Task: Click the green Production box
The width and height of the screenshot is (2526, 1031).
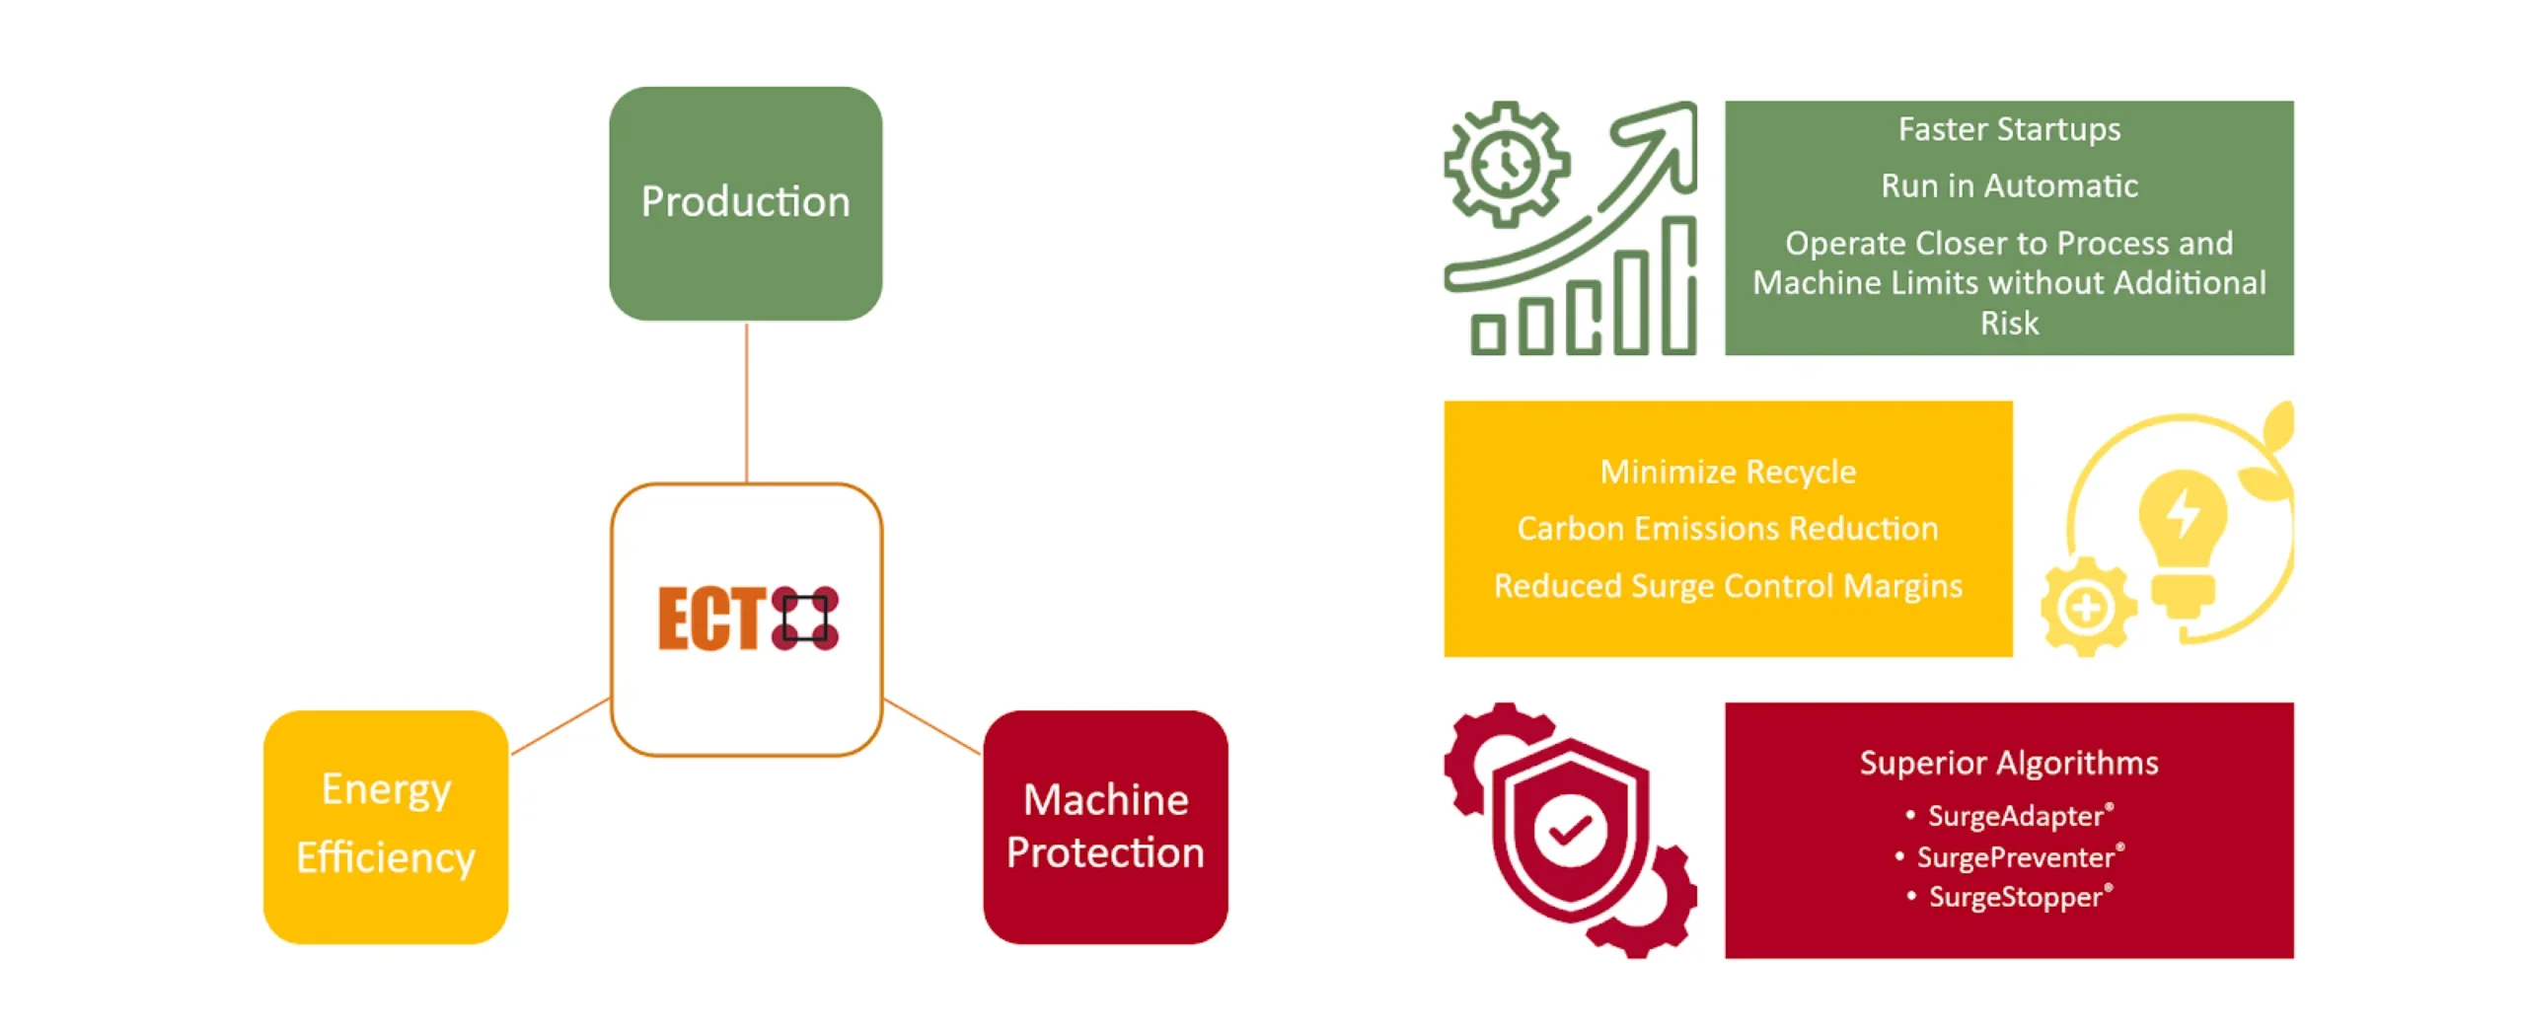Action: tap(745, 203)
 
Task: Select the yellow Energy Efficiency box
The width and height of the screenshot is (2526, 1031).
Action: tap(386, 827)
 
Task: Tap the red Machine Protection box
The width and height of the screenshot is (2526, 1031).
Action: tap(1105, 827)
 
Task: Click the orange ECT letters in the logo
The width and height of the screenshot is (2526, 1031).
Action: tap(711, 619)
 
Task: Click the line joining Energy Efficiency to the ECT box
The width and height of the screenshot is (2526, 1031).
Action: tap(559, 727)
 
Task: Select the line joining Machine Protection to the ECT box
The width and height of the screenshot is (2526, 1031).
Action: tap(931, 727)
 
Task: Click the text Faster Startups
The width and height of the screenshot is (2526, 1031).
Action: tap(2009, 129)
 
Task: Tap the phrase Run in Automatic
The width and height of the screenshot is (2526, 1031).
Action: tap(2009, 185)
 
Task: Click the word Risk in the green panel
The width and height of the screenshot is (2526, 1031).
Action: tap(2009, 324)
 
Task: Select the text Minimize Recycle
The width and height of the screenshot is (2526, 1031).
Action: tap(1728, 472)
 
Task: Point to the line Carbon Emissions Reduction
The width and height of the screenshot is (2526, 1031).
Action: tap(1728, 529)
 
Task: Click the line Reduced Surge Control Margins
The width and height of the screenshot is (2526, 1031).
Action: tap(1728, 586)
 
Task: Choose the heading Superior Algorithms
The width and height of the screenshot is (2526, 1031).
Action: tap(2009, 763)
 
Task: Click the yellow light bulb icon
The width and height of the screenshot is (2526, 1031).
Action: tap(2183, 533)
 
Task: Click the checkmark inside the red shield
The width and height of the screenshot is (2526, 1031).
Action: tap(1570, 830)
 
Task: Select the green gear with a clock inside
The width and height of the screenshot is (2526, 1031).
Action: tap(1506, 164)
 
